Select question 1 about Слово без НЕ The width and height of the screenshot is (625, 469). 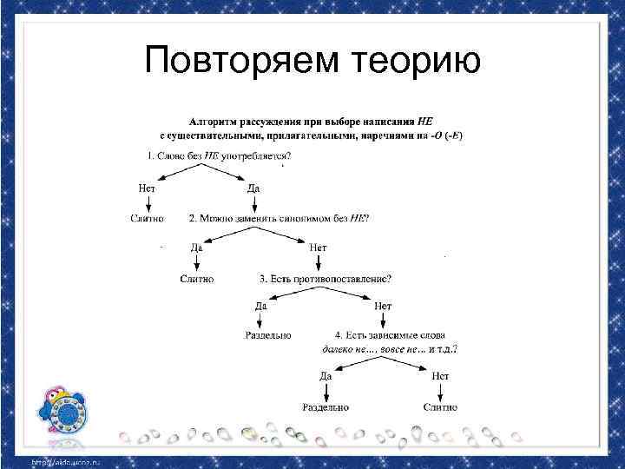click(x=219, y=155)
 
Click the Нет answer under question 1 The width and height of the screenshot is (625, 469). click(x=148, y=187)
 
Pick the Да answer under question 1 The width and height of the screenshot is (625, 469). click(x=253, y=187)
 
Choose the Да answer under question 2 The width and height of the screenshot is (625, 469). click(x=197, y=248)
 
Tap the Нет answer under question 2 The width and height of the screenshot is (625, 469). click(x=318, y=248)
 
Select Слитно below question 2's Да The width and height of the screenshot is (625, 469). click(x=197, y=279)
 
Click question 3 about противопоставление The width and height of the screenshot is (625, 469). click(x=325, y=279)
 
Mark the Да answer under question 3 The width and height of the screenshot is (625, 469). click(x=261, y=305)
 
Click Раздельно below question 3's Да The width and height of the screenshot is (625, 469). click(x=268, y=334)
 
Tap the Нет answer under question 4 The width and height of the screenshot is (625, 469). click(x=440, y=376)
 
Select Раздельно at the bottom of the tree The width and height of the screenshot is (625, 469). click(x=326, y=406)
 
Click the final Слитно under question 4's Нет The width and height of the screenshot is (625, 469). click(x=440, y=406)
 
